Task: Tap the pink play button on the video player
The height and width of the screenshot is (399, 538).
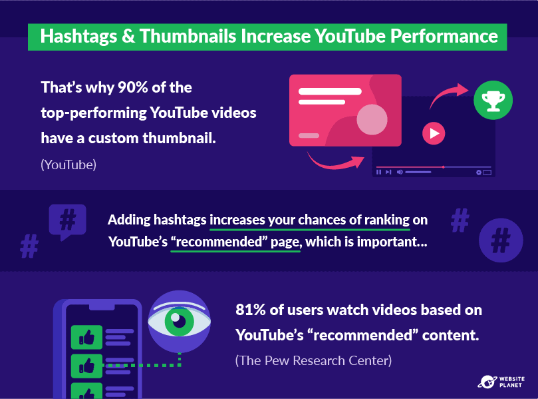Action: click(x=434, y=133)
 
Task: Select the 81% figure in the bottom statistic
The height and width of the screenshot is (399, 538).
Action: click(x=251, y=310)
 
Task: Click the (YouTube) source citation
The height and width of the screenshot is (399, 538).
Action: click(x=68, y=165)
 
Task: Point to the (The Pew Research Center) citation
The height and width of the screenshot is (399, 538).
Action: click(x=313, y=360)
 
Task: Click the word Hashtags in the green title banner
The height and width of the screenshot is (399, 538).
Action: click(x=78, y=37)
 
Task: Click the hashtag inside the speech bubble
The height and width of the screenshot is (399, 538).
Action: click(x=68, y=220)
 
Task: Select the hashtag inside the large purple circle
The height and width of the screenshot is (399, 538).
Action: click(x=501, y=240)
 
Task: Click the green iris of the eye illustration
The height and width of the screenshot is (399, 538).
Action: click(x=179, y=321)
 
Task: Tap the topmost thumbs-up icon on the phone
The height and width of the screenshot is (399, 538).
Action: click(x=86, y=337)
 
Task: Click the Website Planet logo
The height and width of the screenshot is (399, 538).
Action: click(x=501, y=382)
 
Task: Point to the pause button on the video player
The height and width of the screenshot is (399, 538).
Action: click(x=378, y=172)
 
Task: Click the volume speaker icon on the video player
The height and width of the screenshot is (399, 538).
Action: click(x=400, y=172)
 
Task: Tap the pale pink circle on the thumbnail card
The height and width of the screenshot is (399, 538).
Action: click(x=372, y=120)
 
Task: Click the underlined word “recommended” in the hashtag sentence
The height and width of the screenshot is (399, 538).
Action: click(x=219, y=242)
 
